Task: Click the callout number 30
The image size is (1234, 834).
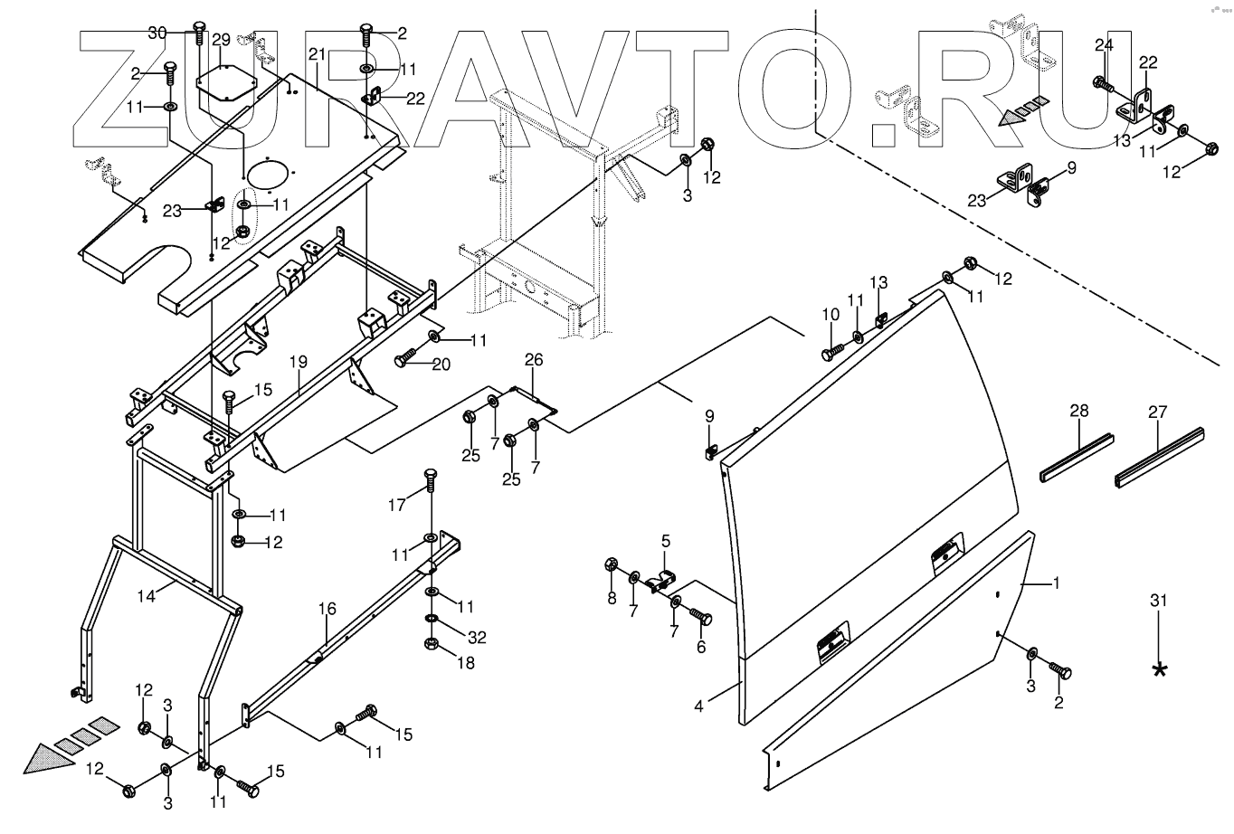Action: [x=157, y=33]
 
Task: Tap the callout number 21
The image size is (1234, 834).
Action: [x=316, y=55]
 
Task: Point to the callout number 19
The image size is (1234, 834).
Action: [x=299, y=363]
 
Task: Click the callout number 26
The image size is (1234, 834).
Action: [x=534, y=361]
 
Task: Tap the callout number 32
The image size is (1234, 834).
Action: [x=477, y=638]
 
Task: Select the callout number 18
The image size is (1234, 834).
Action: [x=466, y=663]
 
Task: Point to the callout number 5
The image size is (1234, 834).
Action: [x=666, y=542]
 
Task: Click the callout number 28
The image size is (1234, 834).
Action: [x=1079, y=411]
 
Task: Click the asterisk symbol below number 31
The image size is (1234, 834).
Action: [x=1159, y=670]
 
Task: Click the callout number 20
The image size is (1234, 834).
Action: [x=441, y=365]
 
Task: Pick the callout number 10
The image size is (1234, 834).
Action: [x=831, y=314]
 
